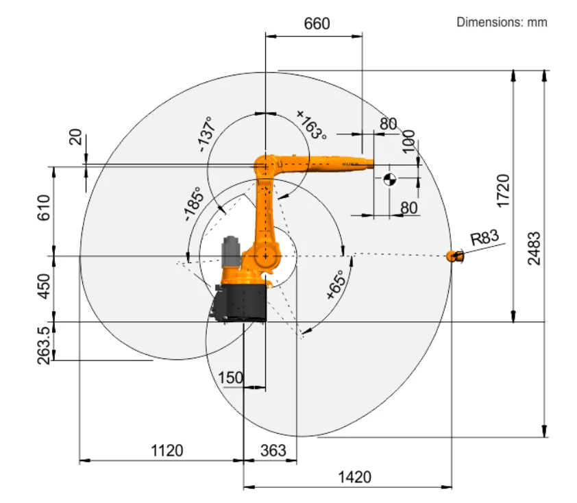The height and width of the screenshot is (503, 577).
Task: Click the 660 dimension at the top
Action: (x=317, y=23)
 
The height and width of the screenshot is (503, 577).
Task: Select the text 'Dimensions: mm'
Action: (x=502, y=22)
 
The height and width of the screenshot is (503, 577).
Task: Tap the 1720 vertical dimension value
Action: (x=503, y=191)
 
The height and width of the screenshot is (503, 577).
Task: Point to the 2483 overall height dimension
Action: (x=535, y=248)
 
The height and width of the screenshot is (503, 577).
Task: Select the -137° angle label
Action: (x=206, y=134)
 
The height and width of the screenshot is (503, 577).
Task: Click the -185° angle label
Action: (x=193, y=205)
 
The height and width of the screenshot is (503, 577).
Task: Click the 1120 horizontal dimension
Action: (x=167, y=450)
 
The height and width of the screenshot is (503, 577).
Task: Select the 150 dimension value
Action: (x=230, y=378)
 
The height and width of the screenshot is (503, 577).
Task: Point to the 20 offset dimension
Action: (x=75, y=138)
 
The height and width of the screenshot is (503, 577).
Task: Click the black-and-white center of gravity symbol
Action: (x=389, y=180)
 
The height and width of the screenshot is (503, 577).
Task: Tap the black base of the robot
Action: (x=241, y=301)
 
